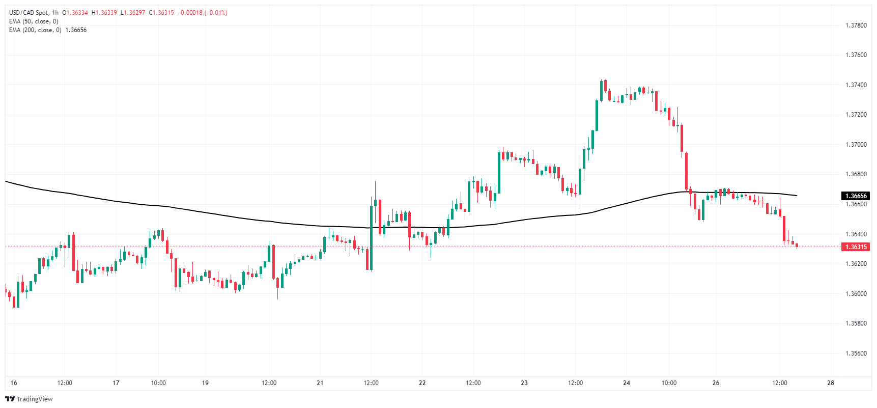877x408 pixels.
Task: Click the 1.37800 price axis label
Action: click(x=856, y=25)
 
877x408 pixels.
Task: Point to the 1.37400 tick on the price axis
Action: click(x=856, y=85)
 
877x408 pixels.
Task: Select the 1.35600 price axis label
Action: click(x=856, y=353)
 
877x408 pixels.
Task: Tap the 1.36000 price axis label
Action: click(x=856, y=294)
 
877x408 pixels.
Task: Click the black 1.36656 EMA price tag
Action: click(x=856, y=196)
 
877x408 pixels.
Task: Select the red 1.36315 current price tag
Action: click(x=856, y=247)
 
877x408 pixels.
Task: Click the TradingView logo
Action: click(x=29, y=399)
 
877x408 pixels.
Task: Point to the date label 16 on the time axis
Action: click(x=14, y=383)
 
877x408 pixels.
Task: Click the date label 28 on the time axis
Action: click(x=831, y=383)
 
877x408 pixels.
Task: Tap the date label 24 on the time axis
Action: click(x=627, y=383)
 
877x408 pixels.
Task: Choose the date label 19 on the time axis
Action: click(x=205, y=383)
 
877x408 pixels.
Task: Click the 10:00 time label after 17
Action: click(x=158, y=383)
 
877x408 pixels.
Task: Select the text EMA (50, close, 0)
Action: click(x=34, y=21)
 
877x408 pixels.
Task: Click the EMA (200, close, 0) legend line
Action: click(x=35, y=30)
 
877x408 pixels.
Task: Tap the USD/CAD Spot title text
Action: click(x=29, y=13)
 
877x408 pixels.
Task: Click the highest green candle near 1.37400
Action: click(x=601, y=90)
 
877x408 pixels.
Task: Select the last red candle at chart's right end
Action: click(x=797, y=246)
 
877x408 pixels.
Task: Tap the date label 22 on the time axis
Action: click(x=422, y=383)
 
